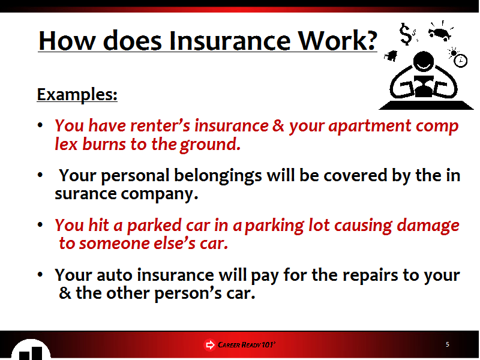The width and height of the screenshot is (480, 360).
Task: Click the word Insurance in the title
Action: point(230,41)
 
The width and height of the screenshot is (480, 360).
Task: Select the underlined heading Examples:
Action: point(77,95)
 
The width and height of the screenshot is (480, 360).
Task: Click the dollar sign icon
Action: point(406,34)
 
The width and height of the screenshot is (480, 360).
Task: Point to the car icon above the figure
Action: point(440,33)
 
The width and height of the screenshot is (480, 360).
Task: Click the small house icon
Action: point(391,56)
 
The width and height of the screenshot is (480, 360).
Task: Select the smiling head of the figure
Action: point(424,62)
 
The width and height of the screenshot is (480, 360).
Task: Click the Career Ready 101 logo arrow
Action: point(209,345)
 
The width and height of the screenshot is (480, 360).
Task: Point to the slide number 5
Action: point(448,344)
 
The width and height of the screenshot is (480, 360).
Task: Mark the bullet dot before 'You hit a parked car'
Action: point(40,224)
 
